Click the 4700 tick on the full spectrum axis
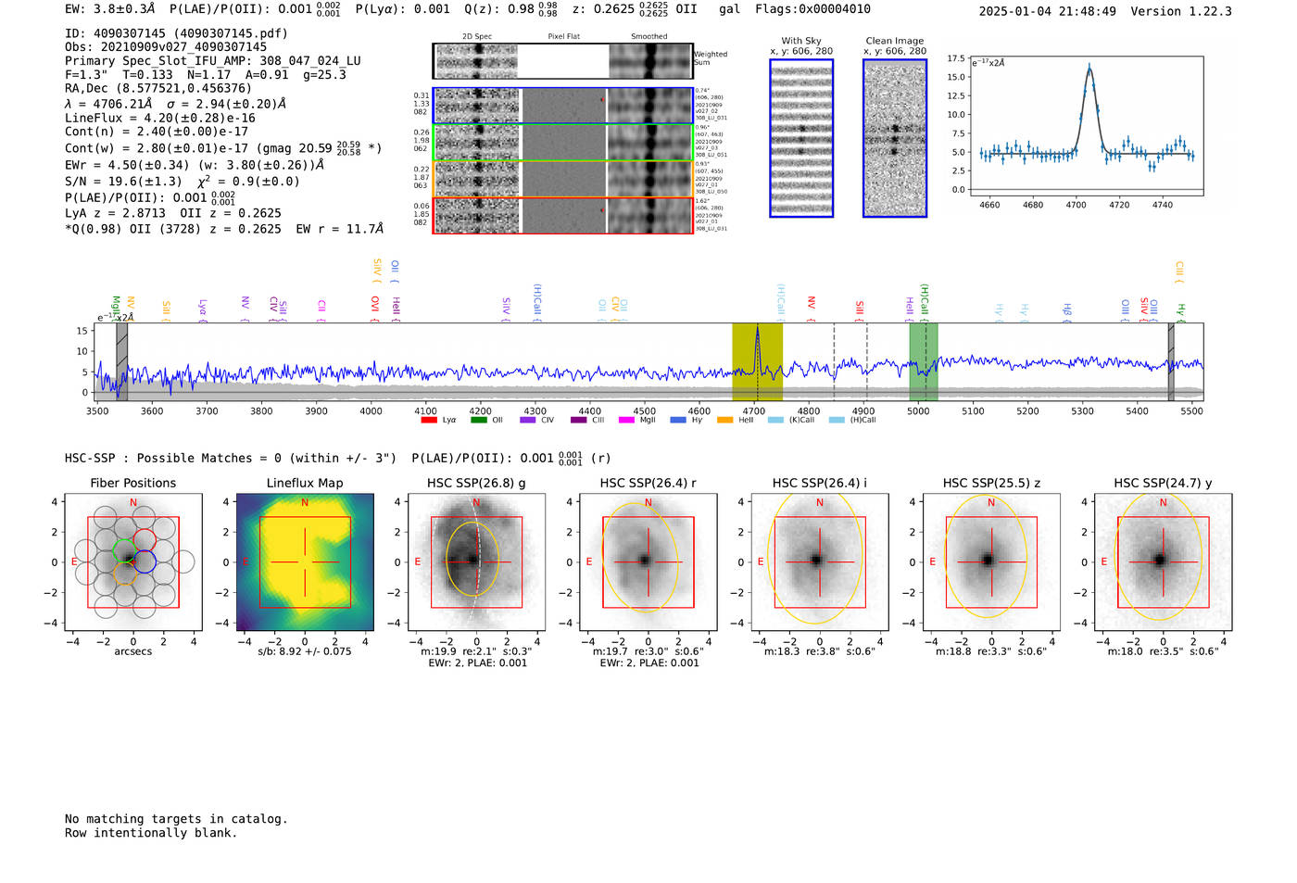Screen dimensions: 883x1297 (x=753, y=410)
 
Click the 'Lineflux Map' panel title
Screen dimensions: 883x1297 (x=304, y=483)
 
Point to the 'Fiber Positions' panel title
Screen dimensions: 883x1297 (x=132, y=483)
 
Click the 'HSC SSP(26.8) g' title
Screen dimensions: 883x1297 (x=476, y=483)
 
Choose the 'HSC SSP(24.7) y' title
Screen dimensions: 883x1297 (x=1163, y=483)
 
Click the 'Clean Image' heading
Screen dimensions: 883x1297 (x=894, y=41)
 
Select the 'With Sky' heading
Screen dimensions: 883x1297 (x=800, y=41)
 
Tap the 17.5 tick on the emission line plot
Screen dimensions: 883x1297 (x=956, y=58)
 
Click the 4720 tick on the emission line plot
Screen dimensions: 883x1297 (x=1119, y=205)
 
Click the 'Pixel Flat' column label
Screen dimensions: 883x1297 (x=563, y=37)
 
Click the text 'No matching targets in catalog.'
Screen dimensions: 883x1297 (x=176, y=818)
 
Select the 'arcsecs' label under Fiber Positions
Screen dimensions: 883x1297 (x=132, y=651)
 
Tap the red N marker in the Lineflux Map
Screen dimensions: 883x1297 (x=305, y=503)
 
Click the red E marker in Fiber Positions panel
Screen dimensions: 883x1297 (x=74, y=562)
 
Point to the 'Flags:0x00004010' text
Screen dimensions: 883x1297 (x=812, y=9)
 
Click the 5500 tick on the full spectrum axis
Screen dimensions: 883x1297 (x=1191, y=410)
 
